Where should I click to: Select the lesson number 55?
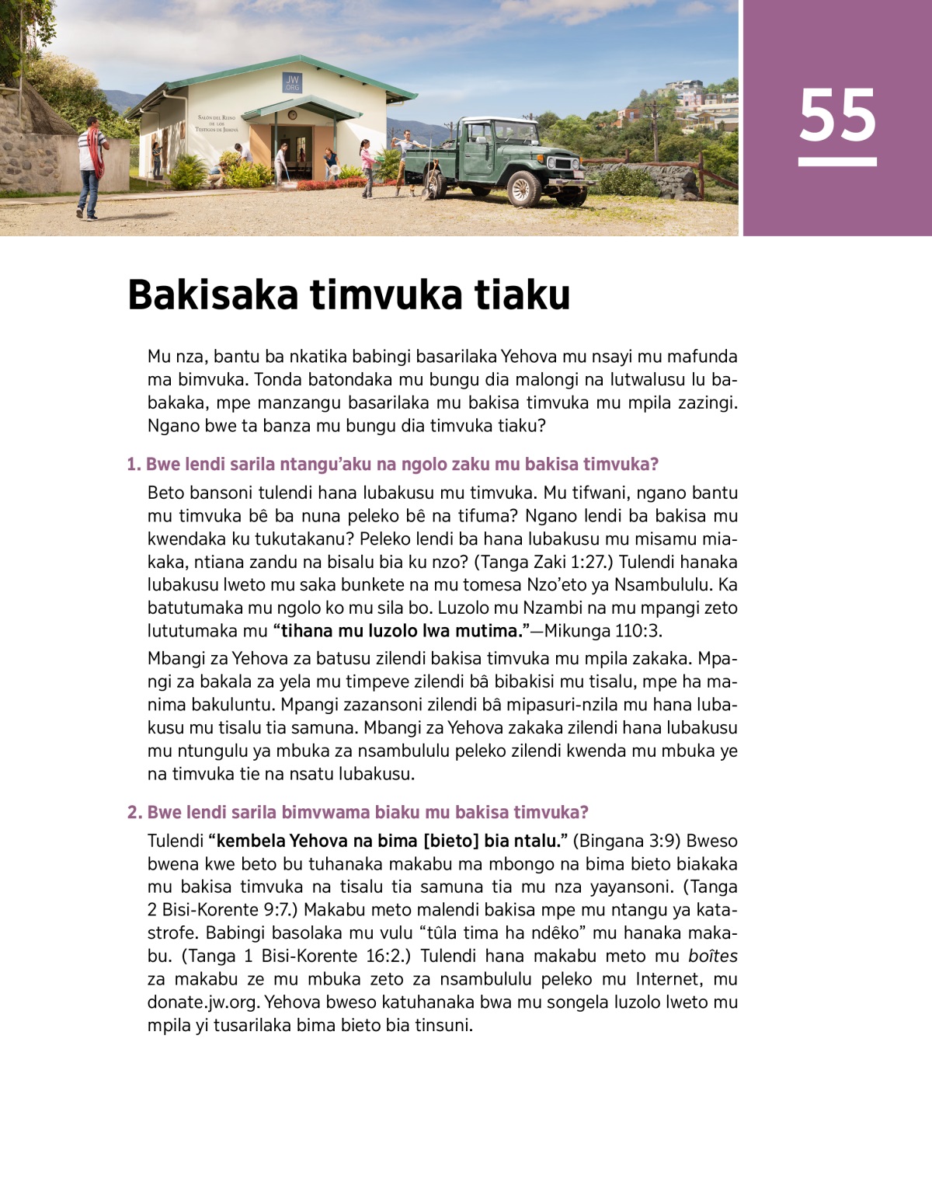[837, 117]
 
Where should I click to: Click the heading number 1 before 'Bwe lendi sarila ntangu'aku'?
[133, 465]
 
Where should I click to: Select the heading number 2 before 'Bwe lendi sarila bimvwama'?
[134, 813]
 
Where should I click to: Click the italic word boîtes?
[712, 957]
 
